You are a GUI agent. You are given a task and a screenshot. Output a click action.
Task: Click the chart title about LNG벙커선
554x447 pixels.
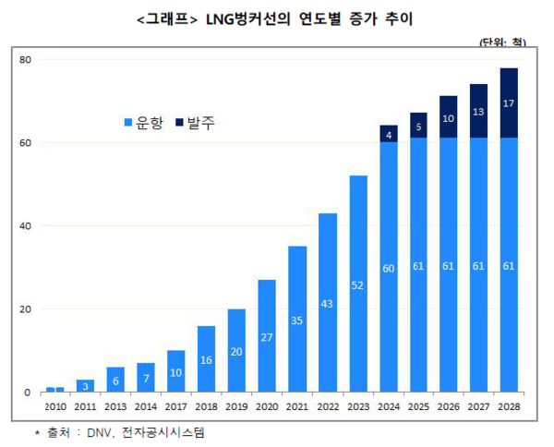click(x=276, y=17)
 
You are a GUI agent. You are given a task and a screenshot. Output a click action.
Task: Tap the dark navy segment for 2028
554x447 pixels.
click(x=509, y=103)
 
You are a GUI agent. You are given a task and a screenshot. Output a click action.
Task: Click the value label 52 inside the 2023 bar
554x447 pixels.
click(x=357, y=286)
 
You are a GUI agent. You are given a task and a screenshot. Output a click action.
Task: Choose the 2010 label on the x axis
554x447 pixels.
click(x=54, y=405)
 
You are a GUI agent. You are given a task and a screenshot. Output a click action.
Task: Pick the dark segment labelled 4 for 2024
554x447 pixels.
click(x=388, y=134)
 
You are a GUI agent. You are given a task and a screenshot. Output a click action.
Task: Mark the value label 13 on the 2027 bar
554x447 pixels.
click(x=478, y=112)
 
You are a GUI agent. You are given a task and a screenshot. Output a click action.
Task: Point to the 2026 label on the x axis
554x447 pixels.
click(x=448, y=405)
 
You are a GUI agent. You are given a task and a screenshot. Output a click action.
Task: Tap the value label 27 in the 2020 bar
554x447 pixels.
click(x=267, y=337)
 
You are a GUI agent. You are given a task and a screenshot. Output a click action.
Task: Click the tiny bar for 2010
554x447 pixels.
click(x=54, y=389)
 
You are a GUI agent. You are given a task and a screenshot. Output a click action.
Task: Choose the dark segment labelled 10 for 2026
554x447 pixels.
click(x=448, y=117)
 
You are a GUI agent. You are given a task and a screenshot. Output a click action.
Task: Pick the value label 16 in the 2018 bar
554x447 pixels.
click(x=206, y=359)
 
